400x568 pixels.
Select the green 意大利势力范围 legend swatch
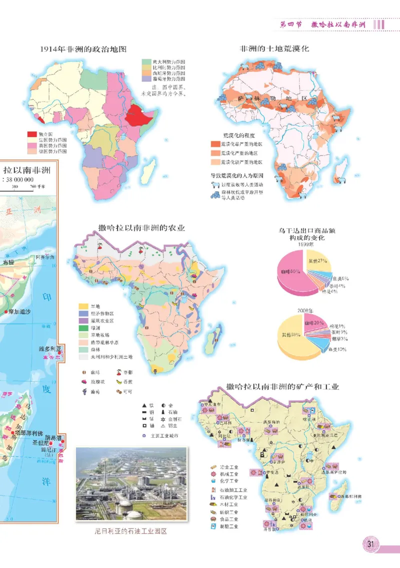pos(146,61)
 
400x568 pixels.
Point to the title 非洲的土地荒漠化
pos(274,49)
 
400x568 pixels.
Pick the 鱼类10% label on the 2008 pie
pos(335,349)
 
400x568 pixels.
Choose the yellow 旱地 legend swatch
pos(83,306)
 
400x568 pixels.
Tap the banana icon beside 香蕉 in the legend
pos(119,382)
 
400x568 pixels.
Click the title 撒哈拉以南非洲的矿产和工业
pos(282,387)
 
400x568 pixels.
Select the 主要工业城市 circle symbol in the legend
pos(144,436)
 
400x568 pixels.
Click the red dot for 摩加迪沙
pos(5,312)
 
